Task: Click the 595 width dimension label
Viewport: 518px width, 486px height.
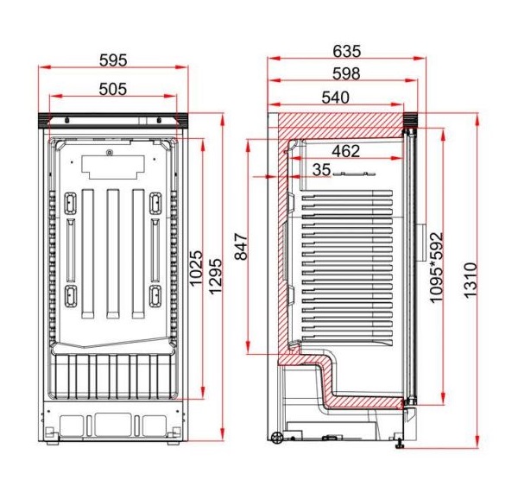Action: pyautogui.click(x=113, y=60)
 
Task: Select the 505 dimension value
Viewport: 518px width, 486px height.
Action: pyautogui.click(x=113, y=89)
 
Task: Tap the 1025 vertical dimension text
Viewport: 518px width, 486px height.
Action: pyautogui.click(x=196, y=268)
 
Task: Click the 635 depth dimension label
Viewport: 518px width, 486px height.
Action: pyautogui.click(x=347, y=52)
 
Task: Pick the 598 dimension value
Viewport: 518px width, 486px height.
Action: pyautogui.click(x=346, y=73)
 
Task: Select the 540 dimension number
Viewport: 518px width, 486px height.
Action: pyautogui.click(x=335, y=98)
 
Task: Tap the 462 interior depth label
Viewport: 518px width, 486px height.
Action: pyautogui.click(x=346, y=151)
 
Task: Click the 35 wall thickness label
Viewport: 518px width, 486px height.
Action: pyautogui.click(x=321, y=170)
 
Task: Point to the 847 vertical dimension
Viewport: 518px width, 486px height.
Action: pyautogui.click(x=241, y=247)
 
